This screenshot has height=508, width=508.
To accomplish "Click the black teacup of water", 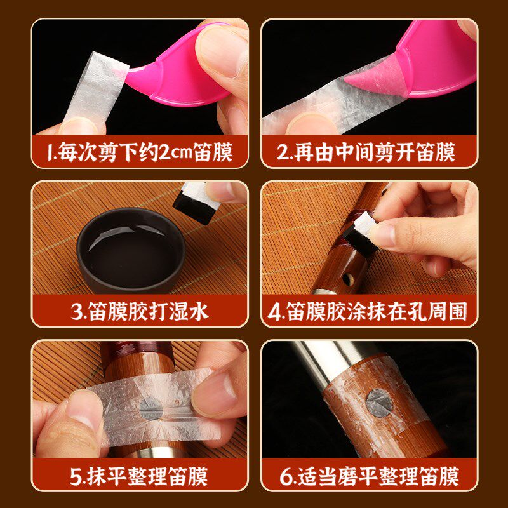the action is coord(131,250).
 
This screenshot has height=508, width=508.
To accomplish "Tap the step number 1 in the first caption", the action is coord(50,152).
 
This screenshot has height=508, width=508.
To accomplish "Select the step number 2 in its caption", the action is coord(283,152).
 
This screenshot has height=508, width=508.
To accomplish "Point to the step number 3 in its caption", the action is coord(76,312).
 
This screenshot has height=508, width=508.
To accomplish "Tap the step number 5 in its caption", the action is coord(75,477).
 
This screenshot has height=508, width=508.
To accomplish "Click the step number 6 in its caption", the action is coord(285,477).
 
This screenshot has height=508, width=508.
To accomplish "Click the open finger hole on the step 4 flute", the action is coord(347,278).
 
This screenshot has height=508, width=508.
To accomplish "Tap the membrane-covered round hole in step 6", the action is coord(379,403).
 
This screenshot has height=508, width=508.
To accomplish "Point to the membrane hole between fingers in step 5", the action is coord(151,409).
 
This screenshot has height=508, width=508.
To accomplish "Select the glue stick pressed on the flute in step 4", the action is coord(360,234).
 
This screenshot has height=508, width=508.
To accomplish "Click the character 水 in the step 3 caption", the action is coord(199,312).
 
